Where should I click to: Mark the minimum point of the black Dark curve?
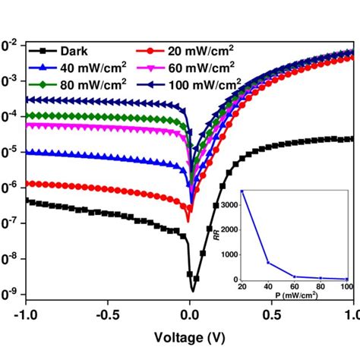point(193,290)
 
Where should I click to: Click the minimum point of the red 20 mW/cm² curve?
point(189,221)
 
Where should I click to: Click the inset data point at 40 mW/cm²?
point(268,263)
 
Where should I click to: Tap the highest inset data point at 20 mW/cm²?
point(242,191)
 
